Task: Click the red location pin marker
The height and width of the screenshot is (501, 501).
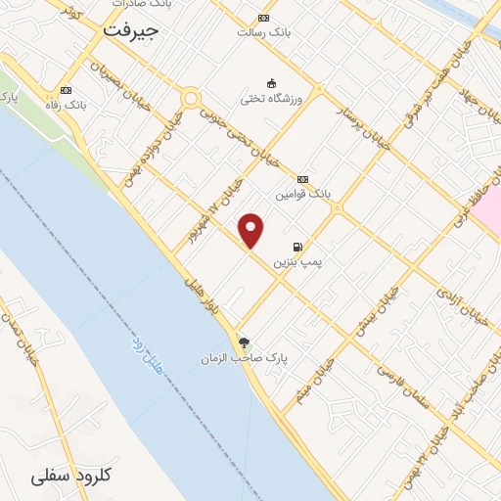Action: [252, 230]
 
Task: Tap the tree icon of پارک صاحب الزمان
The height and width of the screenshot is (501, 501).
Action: [244, 342]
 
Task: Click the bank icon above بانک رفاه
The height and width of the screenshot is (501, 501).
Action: [67, 89]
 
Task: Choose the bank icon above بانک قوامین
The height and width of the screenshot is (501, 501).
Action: [303, 179]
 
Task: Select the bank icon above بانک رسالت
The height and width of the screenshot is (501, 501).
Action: [263, 18]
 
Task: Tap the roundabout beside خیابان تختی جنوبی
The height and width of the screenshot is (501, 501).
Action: [190, 98]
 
